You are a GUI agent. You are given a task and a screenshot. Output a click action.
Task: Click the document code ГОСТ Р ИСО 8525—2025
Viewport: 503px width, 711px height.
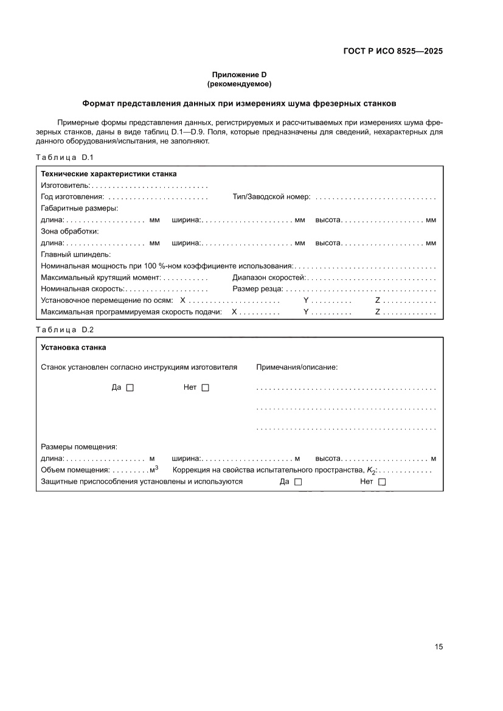point(392,51)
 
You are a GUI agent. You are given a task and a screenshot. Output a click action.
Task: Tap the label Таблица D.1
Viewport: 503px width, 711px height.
point(64,158)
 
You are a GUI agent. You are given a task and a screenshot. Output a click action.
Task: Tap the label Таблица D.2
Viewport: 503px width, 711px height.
point(64,330)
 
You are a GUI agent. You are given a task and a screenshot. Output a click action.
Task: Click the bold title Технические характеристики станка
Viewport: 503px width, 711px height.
point(108,174)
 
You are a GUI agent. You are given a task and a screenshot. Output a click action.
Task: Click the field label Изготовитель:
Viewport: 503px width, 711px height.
point(65,186)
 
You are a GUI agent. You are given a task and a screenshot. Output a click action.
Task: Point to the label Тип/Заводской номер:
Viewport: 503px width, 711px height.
point(271,197)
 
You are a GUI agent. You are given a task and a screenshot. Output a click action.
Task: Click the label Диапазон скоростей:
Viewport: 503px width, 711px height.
point(269,277)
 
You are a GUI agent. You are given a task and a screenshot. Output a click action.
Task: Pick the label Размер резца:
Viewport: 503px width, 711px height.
point(258,289)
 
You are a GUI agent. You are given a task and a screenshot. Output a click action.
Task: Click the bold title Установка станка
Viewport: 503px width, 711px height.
point(73,348)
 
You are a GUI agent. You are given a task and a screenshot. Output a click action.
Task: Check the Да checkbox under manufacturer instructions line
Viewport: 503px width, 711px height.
point(130,388)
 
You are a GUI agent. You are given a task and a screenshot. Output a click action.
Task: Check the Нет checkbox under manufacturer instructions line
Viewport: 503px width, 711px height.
point(205,388)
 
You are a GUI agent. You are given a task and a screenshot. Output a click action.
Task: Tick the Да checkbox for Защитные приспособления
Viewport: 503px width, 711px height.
point(298,482)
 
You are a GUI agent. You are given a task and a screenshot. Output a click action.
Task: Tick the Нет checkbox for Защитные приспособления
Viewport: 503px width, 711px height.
point(383,482)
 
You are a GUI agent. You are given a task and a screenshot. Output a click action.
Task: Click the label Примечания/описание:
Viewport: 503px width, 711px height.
point(297,367)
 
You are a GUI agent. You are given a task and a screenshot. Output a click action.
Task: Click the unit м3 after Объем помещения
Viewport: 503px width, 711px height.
point(154,470)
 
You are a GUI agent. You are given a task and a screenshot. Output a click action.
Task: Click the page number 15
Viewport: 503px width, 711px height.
point(439,647)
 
